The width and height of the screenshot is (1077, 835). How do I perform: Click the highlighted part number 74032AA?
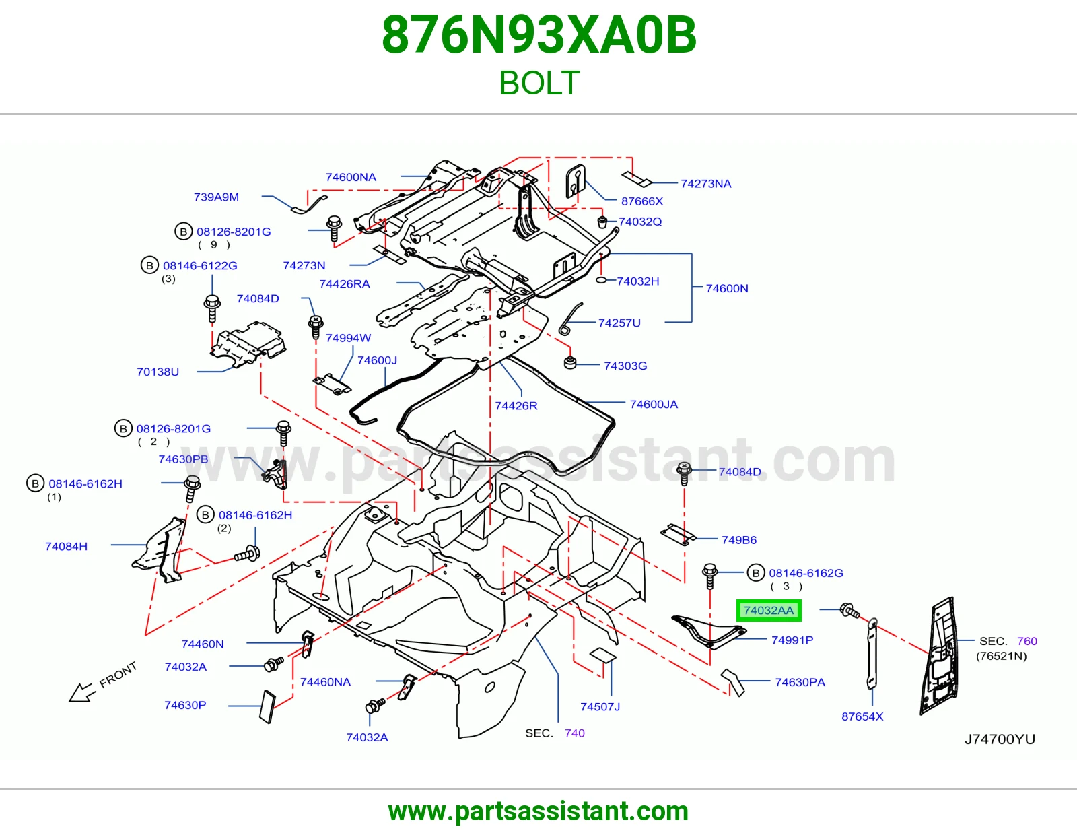[768, 610]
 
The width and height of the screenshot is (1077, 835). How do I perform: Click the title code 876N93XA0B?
[538, 35]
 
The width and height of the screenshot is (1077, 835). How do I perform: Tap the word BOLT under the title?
[538, 83]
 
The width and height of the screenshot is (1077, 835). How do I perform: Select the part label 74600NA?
[351, 177]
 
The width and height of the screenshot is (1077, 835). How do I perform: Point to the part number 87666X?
[642, 201]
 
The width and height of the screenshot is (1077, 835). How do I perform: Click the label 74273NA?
[706, 183]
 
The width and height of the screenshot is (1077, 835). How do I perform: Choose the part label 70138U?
[158, 372]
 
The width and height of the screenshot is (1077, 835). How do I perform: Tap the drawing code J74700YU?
[1000, 739]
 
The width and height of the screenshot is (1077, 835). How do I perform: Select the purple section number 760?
[1027, 640]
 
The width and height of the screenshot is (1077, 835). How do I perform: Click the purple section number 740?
[574, 733]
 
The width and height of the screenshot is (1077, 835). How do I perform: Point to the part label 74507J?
[600, 706]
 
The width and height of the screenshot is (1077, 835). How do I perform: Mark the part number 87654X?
[862, 716]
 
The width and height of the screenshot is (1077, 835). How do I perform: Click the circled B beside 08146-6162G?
[755, 573]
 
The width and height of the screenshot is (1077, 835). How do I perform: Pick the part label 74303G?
[625, 366]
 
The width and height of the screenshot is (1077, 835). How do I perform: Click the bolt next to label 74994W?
[316, 327]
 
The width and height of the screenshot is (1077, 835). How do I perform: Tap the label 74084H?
[67, 546]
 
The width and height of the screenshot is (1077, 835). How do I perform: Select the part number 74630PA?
[800, 681]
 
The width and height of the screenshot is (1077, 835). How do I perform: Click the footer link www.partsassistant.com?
[538, 811]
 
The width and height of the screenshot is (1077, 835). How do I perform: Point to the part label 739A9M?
[216, 197]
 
